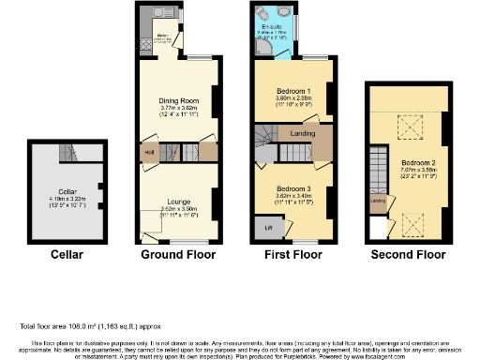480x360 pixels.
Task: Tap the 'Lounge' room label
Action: point(178,201)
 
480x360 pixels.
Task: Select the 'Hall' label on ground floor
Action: point(149,152)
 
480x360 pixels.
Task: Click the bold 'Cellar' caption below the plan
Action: point(67,254)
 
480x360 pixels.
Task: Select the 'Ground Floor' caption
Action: point(178,254)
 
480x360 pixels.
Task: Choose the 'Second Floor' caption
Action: point(414,254)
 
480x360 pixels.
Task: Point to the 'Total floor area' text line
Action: point(84,325)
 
